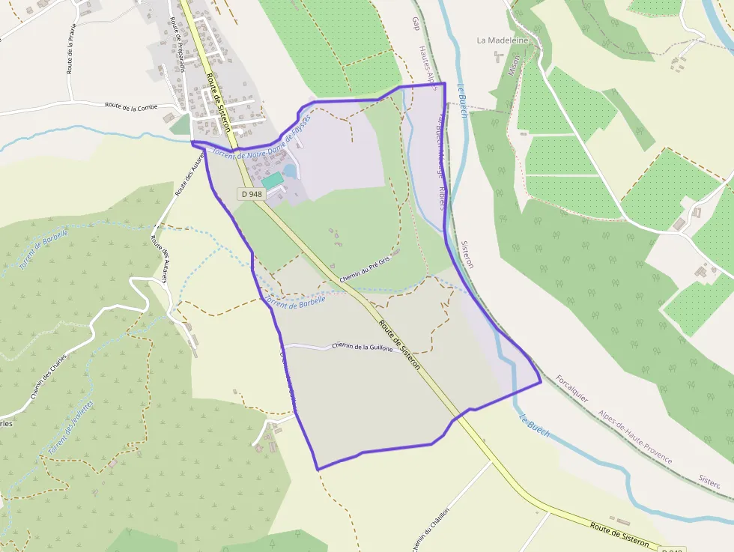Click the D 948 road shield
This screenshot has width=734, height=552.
coord(252,194)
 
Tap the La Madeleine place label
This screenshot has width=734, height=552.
coord(503,40)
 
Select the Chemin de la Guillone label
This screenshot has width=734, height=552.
coord(363,348)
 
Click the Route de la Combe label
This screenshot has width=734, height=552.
coord(131,107)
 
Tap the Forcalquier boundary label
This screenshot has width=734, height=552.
coord(573,392)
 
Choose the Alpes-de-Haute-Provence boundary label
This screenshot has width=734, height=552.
coord(634,437)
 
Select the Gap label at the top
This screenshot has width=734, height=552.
coord(416,24)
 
